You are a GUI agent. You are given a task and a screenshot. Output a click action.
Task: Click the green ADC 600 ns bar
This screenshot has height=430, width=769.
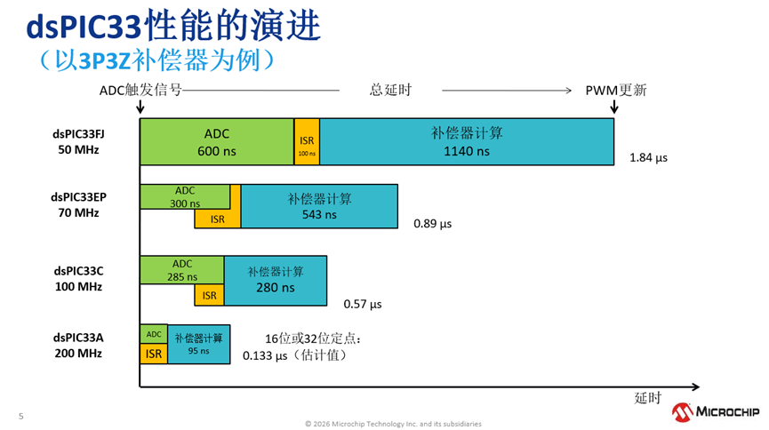[x=216, y=141]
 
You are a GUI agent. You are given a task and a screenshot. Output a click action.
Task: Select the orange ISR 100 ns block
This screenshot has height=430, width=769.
[x=307, y=141]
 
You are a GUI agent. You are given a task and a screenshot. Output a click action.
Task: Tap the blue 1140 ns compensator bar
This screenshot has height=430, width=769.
[x=467, y=141]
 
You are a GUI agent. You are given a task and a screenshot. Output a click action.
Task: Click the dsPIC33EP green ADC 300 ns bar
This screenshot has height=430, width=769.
[x=185, y=196]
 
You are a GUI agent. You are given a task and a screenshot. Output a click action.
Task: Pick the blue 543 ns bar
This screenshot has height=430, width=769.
[x=319, y=206]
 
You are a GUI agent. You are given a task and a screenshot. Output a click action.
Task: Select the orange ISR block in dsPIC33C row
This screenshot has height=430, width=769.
[x=209, y=295]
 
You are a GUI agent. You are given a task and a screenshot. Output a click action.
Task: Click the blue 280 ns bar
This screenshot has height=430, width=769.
[x=276, y=280]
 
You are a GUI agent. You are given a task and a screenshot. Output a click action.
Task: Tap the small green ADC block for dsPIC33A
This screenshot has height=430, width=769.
[x=154, y=334]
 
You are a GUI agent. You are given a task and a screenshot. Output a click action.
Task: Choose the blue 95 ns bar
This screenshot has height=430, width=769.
[x=198, y=344]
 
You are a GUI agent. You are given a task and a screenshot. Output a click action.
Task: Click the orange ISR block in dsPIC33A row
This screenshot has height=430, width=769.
[x=154, y=354]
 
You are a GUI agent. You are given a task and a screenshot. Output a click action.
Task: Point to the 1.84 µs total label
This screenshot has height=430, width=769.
[x=648, y=158]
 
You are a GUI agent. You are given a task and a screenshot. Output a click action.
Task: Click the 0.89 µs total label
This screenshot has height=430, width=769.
[x=432, y=224]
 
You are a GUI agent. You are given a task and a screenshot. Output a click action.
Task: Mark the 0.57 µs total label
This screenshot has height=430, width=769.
[x=362, y=304]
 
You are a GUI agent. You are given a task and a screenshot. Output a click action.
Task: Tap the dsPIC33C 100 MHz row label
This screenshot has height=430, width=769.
[x=77, y=279]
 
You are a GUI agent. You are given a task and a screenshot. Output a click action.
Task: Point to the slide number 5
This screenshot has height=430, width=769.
[x=20, y=416]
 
